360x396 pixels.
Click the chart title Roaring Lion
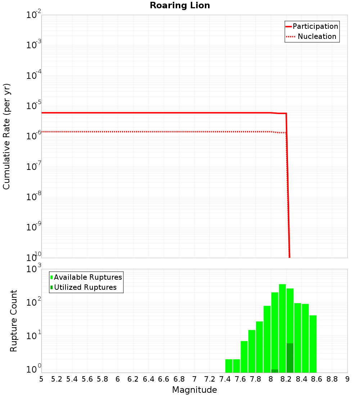click(x=180, y=5)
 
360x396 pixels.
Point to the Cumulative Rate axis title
click(x=6, y=136)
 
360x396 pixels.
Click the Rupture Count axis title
click(x=14, y=320)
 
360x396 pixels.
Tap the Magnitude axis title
click(x=194, y=390)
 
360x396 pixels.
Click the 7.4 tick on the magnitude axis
click(x=225, y=379)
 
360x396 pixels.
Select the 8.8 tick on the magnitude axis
click(x=332, y=379)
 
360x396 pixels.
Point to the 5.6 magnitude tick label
click(x=87, y=379)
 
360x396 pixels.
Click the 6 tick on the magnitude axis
click(x=118, y=379)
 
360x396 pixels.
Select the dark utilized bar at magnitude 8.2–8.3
click(x=290, y=358)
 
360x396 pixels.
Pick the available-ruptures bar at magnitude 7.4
click(x=229, y=366)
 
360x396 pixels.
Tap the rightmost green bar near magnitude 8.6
click(x=313, y=344)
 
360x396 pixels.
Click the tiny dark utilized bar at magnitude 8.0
click(x=275, y=371)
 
